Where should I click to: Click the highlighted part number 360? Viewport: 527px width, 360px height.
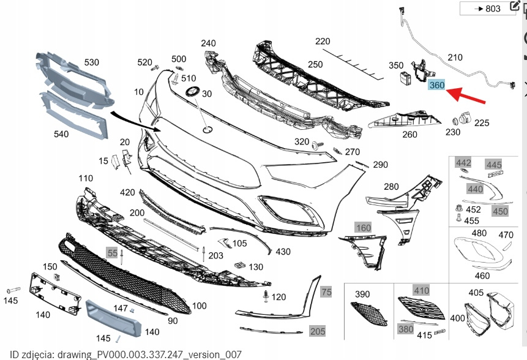436,85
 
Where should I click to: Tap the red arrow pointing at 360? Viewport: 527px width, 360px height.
466,96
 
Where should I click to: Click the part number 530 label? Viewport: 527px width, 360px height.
91,62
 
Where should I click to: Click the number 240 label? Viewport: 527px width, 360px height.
208,43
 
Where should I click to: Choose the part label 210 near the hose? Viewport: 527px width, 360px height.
455,58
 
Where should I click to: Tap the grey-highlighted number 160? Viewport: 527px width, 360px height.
364,228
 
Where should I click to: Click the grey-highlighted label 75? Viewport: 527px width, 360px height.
326,292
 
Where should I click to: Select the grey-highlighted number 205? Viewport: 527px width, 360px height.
318,331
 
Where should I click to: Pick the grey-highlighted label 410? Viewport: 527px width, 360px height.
421,290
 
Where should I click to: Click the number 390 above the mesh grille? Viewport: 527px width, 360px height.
362,294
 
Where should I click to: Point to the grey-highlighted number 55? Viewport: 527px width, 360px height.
112,252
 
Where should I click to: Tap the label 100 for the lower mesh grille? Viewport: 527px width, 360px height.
199,306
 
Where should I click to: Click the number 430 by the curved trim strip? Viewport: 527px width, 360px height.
283,252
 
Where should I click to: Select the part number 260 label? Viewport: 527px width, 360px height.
409,135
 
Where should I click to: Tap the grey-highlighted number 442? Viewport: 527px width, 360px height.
463,163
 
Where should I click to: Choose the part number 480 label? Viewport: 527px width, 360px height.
479,233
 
